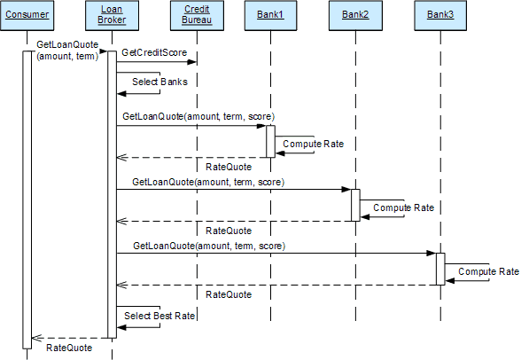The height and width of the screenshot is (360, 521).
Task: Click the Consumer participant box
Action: (x=27, y=16)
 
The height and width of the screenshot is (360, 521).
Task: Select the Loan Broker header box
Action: (x=112, y=16)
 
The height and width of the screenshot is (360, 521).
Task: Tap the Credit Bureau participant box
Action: (x=197, y=16)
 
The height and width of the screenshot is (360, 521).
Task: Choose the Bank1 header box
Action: (x=271, y=16)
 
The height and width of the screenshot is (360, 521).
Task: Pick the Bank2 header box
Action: (x=355, y=16)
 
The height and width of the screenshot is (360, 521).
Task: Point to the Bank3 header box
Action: (x=440, y=16)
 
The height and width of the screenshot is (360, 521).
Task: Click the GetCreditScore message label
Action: (x=154, y=52)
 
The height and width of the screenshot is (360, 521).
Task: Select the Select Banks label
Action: (x=159, y=82)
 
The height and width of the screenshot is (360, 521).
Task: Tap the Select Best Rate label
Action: (x=159, y=316)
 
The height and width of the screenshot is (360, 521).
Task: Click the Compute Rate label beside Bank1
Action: (x=314, y=144)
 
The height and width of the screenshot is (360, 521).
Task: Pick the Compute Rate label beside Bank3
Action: (x=489, y=271)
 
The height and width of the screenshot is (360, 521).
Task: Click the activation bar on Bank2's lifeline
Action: (x=355, y=205)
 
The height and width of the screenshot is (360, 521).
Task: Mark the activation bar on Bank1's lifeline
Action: (x=271, y=141)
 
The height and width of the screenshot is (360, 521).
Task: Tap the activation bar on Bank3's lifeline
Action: (x=440, y=269)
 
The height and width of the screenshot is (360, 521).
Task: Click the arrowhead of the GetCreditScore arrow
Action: (x=192, y=62)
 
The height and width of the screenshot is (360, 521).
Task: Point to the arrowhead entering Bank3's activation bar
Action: (x=432, y=254)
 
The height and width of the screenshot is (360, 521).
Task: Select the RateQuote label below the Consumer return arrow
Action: (x=69, y=348)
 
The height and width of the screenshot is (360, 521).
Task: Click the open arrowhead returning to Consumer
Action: (x=36, y=338)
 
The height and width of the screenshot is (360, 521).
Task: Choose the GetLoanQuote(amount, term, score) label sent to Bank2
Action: (x=208, y=182)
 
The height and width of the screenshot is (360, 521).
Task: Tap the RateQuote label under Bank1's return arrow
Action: (x=229, y=167)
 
